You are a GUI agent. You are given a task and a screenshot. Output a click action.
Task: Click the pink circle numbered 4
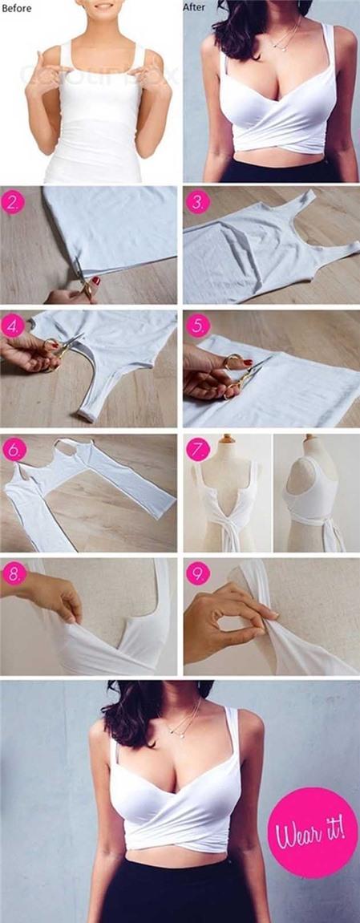coord(14,326)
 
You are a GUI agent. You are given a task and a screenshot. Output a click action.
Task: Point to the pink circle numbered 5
coord(196,326)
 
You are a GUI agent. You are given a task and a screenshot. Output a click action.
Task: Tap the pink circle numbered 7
coord(197,450)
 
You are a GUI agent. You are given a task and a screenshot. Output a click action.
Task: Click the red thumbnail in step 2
coord(95,281)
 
